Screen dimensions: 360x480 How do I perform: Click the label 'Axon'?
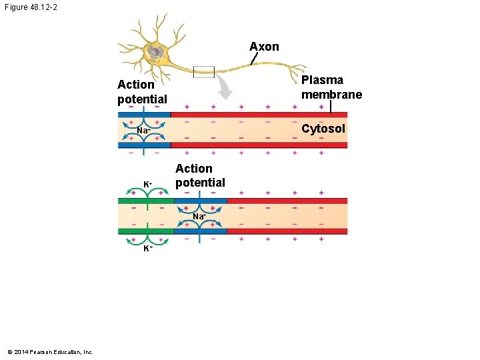(x=264, y=47)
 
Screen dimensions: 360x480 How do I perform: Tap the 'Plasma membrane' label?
(x=331, y=87)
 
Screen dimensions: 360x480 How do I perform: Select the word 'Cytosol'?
(x=323, y=129)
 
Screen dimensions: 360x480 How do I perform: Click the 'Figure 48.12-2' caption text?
(x=33, y=8)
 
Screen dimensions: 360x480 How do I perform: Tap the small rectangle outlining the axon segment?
(x=203, y=71)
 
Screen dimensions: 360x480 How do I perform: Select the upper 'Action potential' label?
(x=142, y=92)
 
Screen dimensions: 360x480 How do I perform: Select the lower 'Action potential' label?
(x=200, y=175)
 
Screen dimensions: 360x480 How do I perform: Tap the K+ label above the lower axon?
(x=148, y=183)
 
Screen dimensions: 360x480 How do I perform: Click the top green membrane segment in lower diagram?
(x=145, y=201)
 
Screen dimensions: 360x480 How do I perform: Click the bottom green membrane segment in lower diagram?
(x=145, y=231)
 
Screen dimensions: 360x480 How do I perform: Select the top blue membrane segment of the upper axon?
(x=144, y=115)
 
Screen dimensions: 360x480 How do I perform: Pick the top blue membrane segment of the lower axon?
(x=200, y=201)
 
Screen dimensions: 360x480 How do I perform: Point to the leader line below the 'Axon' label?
(x=253, y=59)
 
